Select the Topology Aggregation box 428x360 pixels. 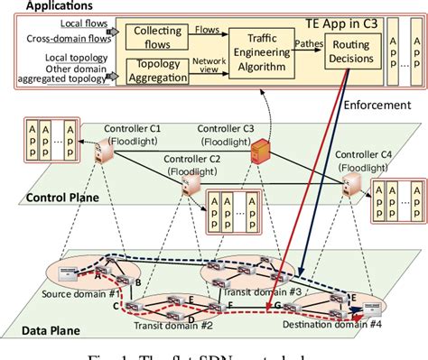tap(157, 70)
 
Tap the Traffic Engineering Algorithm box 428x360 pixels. tap(264, 51)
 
